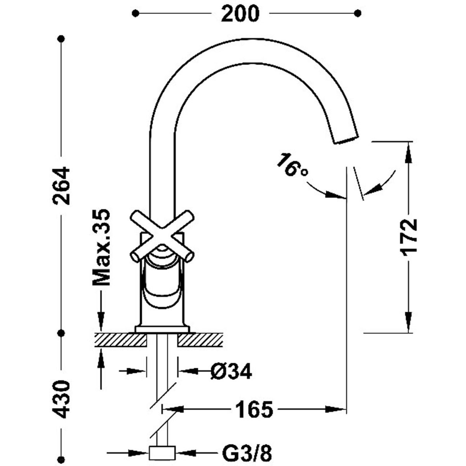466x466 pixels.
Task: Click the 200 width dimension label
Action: point(240,14)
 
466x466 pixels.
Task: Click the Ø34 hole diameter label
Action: point(231,372)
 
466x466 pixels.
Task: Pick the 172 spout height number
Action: point(408,237)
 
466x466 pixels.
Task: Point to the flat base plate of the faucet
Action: point(162,329)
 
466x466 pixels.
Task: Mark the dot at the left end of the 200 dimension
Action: point(135,14)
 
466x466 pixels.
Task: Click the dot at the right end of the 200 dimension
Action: point(358,14)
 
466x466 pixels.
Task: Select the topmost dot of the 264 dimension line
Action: point(61,38)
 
